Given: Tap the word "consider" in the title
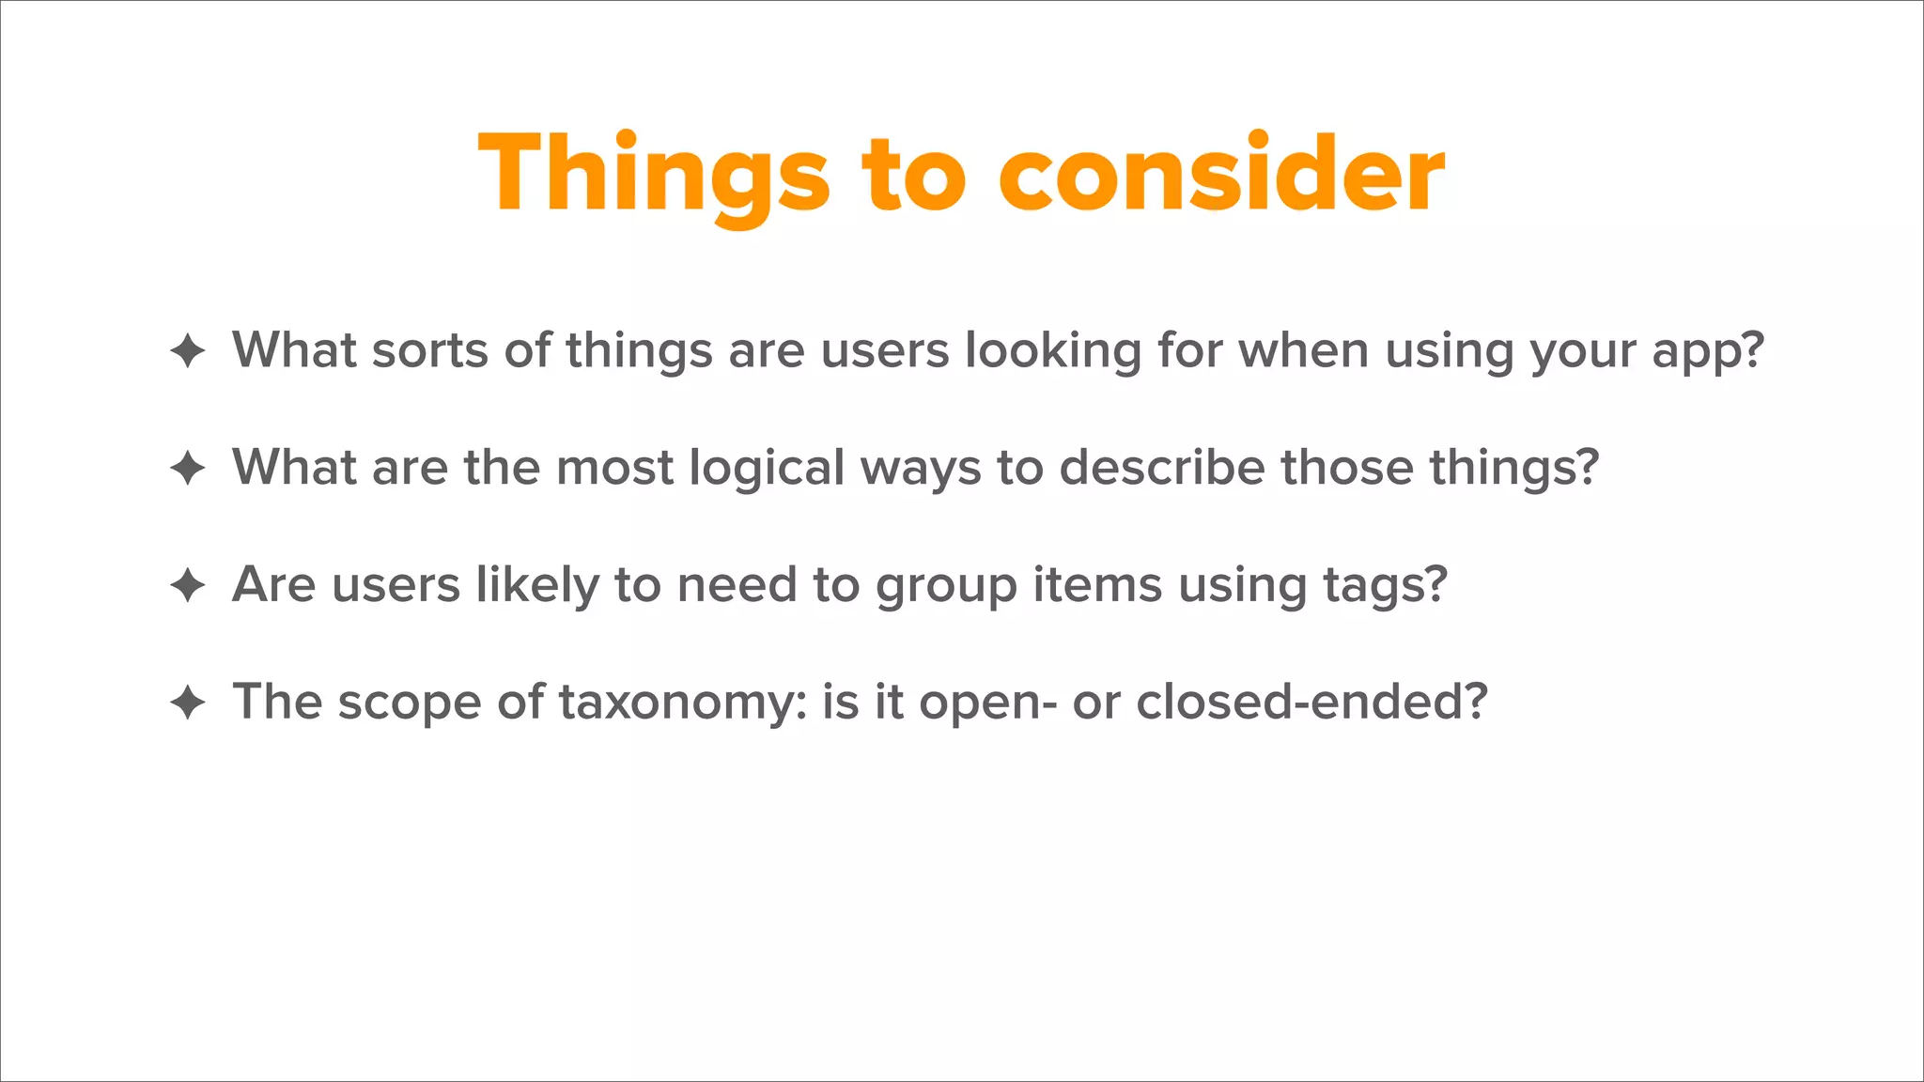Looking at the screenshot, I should click(1220, 175).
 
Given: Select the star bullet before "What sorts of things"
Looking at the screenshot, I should click(188, 351).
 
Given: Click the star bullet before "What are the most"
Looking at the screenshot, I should click(188, 468).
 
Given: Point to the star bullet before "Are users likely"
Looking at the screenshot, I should click(188, 585).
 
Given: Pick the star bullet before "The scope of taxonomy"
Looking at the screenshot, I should click(188, 703).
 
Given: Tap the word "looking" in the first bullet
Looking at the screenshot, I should click(1053, 351).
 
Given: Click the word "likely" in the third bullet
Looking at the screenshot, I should click(537, 586).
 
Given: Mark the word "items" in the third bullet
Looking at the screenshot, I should click(1097, 584).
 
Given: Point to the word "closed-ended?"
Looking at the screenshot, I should click(1311, 702).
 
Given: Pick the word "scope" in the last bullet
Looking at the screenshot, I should click(409, 703).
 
